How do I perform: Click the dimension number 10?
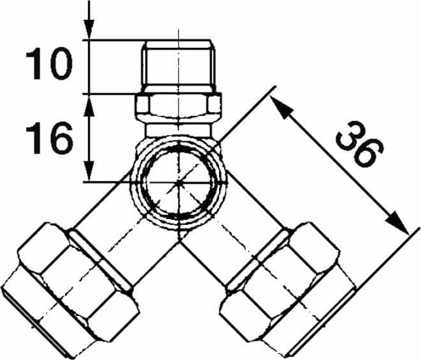(x=49, y=64)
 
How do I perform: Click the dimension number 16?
(x=50, y=138)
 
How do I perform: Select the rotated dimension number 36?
(x=360, y=144)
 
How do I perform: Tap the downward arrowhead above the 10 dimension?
(x=89, y=29)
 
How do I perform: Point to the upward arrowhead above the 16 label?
(x=89, y=106)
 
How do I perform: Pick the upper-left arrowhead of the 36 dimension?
(x=280, y=107)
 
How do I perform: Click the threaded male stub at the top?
(x=179, y=66)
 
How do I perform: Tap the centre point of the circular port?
(x=179, y=183)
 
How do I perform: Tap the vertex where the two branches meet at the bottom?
(x=180, y=241)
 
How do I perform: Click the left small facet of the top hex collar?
(x=142, y=104)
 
